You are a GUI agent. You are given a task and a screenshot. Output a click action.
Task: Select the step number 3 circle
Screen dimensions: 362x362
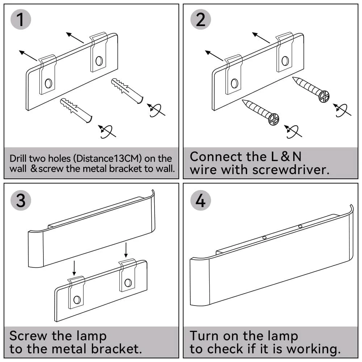tap(21, 200)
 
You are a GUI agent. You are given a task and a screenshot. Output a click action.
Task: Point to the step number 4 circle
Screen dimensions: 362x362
tap(201, 200)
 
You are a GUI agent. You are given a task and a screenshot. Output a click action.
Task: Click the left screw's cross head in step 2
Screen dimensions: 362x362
tap(274, 119)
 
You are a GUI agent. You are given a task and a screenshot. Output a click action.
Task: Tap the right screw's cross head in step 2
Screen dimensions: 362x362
tap(324, 96)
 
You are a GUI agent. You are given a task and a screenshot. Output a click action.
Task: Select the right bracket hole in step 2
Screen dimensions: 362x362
tap(285, 60)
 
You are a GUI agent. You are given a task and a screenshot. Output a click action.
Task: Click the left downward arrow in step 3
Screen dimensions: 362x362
tap(74, 268)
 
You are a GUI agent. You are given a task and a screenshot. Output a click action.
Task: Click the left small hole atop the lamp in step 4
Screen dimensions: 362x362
tap(265, 237)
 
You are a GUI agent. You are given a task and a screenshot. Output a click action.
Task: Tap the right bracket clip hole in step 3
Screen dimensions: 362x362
tap(127, 282)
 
